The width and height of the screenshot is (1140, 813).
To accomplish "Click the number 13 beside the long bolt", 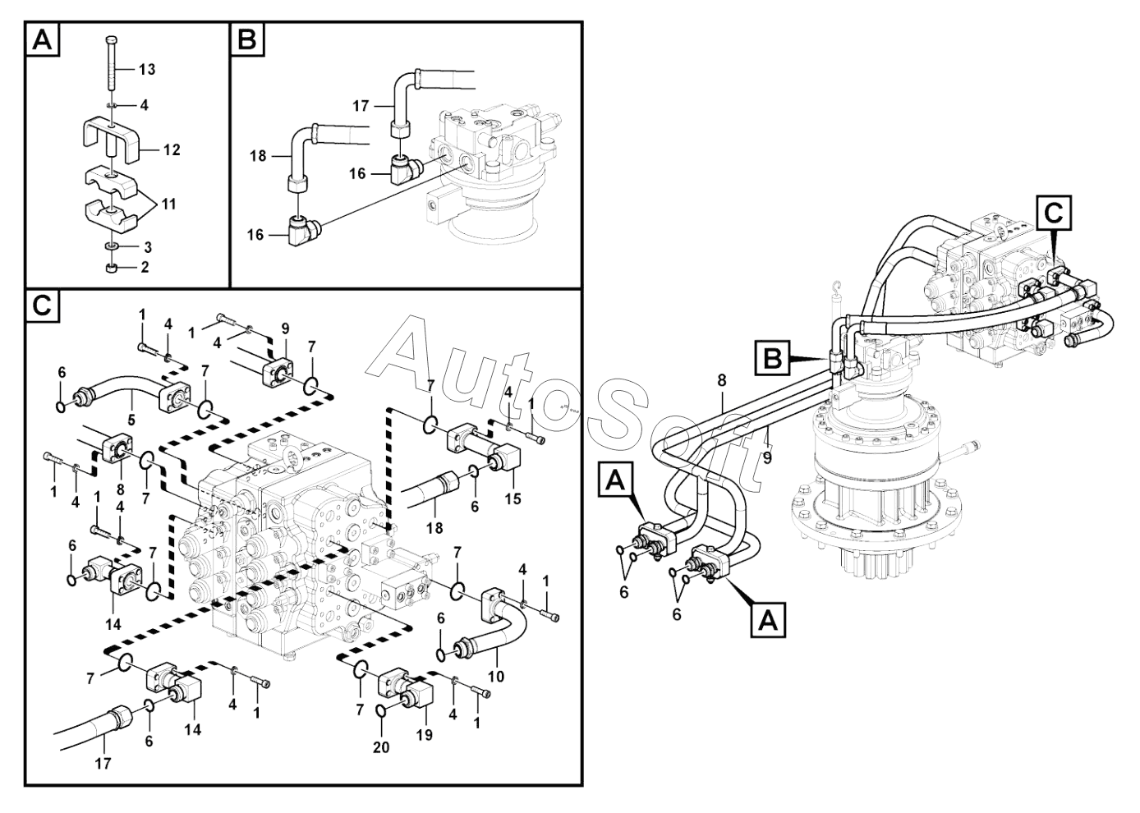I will (146, 70).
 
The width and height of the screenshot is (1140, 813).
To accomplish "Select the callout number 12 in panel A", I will (171, 150).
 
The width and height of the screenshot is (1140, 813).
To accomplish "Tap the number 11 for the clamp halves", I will (168, 204).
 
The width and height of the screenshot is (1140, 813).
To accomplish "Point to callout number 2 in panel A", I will (145, 267).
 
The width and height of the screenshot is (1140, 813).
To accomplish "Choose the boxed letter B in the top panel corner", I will (247, 39).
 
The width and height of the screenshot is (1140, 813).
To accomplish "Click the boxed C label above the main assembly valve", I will (1053, 213).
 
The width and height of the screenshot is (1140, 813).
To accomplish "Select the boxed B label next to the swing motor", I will (772, 358).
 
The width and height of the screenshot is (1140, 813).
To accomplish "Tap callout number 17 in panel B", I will (361, 105).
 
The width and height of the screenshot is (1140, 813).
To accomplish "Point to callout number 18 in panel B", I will (259, 154).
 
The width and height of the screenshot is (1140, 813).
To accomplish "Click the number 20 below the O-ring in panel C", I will (382, 747).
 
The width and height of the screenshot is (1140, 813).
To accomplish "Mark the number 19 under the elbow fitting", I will (424, 735).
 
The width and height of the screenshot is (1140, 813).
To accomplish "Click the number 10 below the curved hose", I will (495, 677).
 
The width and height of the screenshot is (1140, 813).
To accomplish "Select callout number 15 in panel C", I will (513, 498).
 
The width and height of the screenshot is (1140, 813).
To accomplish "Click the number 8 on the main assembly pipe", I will (722, 380).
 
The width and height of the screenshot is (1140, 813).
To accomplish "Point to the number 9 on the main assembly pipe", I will (767, 457).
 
